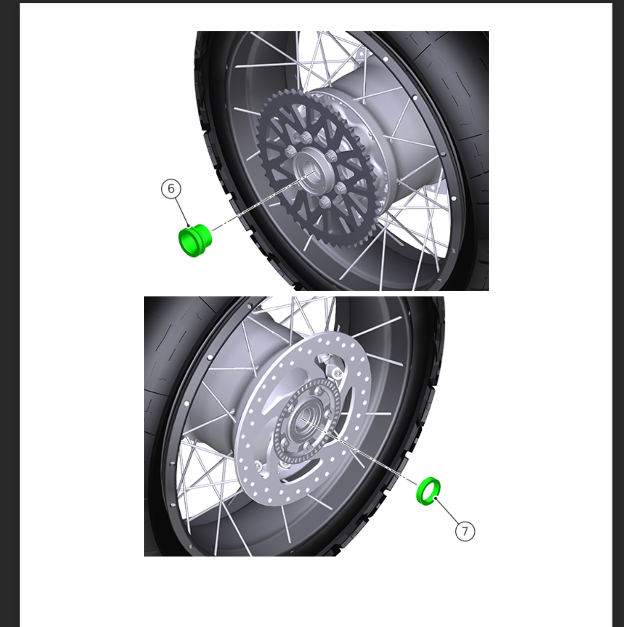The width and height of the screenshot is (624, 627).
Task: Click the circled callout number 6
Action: click(x=171, y=189)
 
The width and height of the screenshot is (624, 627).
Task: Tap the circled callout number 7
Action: click(x=465, y=531)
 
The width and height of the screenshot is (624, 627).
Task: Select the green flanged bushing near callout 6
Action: click(x=195, y=240)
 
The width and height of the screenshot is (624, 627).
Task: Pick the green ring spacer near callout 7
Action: click(x=429, y=491)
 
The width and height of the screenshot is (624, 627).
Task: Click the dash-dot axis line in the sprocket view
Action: click(x=263, y=200)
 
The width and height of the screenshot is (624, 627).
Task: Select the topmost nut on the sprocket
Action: click(x=306, y=138)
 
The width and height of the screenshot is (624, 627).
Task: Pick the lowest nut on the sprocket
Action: click(x=325, y=203)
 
